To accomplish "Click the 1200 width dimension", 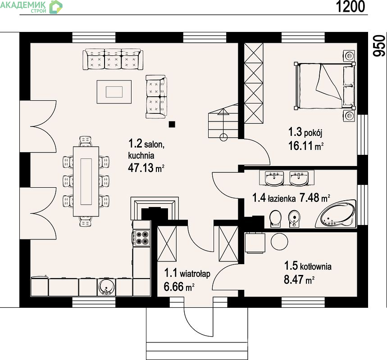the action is (350, 6).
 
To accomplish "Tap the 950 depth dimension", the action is (379, 46).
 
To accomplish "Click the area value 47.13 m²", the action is (146, 168).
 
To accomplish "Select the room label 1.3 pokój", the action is (305, 132).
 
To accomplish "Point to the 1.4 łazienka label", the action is (274, 198).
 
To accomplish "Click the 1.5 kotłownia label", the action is (308, 266).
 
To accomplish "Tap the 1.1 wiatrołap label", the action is (187, 273).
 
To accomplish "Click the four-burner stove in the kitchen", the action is (141, 238).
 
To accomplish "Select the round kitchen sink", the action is (107, 287).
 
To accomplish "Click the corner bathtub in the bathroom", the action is (336, 214).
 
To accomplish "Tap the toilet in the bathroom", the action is (275, 218).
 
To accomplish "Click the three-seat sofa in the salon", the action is (113, 59).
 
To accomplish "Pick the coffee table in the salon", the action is (114, 92).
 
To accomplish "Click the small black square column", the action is (172, 124).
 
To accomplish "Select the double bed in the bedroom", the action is (325, 86).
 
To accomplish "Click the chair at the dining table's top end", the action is (86, 142).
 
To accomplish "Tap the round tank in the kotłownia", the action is (279, 242).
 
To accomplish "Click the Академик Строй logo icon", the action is (56, 7).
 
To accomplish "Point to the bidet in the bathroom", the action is (294, 218).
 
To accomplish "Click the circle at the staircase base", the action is (223, 137).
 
